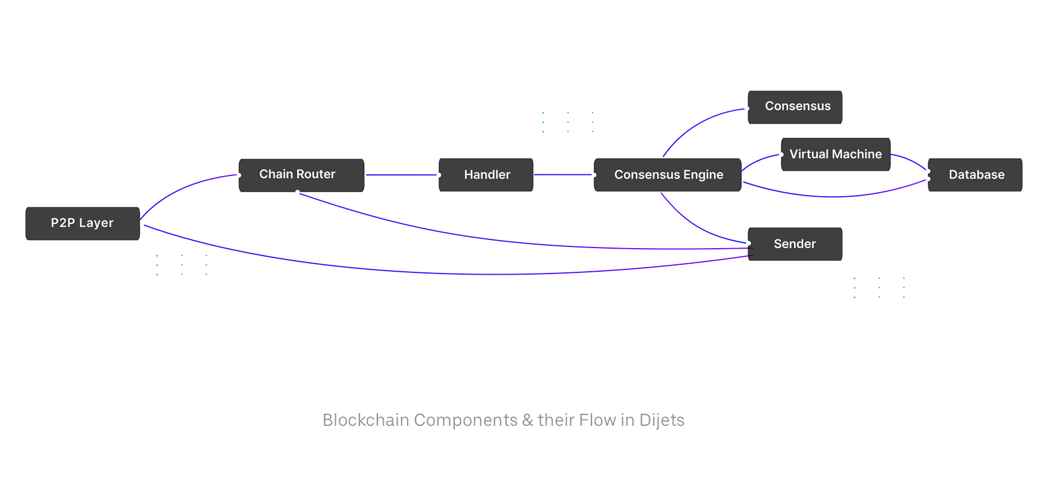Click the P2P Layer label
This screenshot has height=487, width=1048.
coord(82,223)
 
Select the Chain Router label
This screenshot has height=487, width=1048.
coord(297,174)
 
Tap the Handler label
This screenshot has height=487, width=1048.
coord(487,175)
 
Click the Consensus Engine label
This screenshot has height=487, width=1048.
coord(668,175)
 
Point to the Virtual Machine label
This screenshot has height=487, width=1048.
coord(835,154)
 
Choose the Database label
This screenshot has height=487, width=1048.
coord(976,175)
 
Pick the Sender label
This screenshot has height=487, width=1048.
coord(795,244)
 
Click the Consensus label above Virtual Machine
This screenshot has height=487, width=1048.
coord(798,106)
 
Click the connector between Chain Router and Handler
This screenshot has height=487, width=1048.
coord(401,181)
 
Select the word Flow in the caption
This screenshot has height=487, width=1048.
coord(598,420)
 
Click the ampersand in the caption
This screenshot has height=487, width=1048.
coord(527,420)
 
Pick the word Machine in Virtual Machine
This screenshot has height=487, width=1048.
coord(857,154)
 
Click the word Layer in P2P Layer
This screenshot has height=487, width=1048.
coord(96,223)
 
